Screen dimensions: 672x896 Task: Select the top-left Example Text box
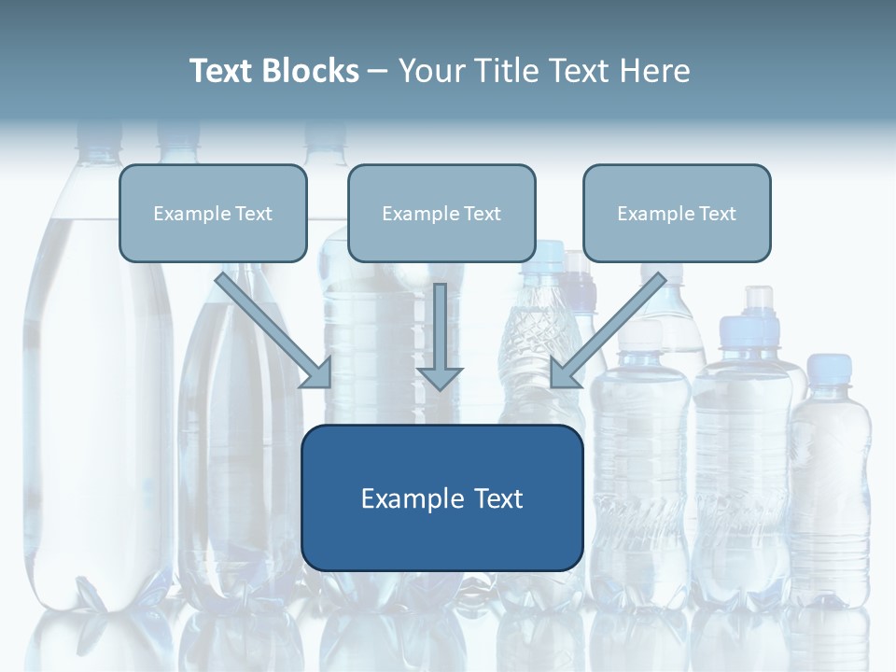213,213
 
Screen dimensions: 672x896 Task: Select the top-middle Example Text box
441,213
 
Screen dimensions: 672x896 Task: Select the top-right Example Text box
677,213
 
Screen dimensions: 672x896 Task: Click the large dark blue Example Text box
441,497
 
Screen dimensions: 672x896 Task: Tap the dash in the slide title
378,72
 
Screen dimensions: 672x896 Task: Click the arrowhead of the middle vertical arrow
440,377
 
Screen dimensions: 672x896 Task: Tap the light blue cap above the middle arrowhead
544,251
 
